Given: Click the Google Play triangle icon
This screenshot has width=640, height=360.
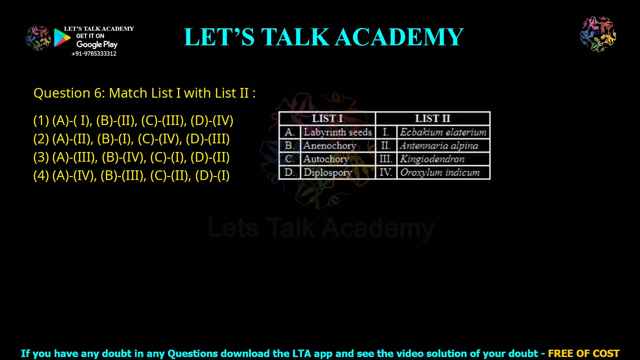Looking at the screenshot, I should (x=62, y=38).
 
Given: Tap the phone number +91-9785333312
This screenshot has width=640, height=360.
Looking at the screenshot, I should (x=94, y=54).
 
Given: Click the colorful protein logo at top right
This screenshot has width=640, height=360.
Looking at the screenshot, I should (x=598, y=34).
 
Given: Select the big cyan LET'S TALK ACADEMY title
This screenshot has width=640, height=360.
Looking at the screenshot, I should (x=323, y=37).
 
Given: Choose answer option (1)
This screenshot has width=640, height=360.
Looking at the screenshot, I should (x=133, y=120).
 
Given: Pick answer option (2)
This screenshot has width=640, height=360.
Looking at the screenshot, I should (x=132, y=139).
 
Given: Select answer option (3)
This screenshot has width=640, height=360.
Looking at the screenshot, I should (x=132, y=157).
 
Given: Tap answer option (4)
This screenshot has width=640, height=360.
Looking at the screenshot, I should (x=132, y=175).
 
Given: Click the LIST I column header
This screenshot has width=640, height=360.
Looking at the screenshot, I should (x=327, y=118).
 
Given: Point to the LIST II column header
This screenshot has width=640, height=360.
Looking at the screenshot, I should (x=432, y=118).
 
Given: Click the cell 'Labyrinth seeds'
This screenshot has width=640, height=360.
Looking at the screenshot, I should (x=337, y=132).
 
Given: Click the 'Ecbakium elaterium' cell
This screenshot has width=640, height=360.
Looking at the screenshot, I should (x=443, y=132).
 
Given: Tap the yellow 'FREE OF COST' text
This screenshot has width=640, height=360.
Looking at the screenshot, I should (x=584, y=353).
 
